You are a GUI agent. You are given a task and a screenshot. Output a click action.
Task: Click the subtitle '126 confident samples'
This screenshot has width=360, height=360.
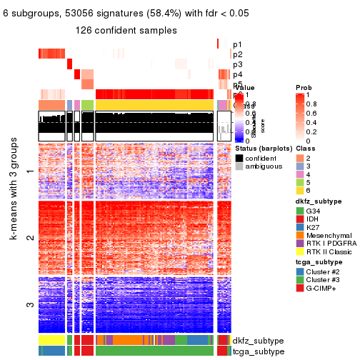pos(126,31)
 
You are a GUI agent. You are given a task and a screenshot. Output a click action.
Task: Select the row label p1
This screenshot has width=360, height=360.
pos(237,44)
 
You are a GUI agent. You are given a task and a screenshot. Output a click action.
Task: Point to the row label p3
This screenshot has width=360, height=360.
pos(237,64)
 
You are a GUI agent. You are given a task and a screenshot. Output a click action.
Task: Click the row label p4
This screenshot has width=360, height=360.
pos(237,74)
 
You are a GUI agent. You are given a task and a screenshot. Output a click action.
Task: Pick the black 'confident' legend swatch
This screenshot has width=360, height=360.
pos(239,157)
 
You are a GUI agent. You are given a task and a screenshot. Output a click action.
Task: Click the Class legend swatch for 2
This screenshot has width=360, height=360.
pos(301,157)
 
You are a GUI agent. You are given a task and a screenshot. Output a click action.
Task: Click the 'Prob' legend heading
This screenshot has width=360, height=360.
pos(304,87)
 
